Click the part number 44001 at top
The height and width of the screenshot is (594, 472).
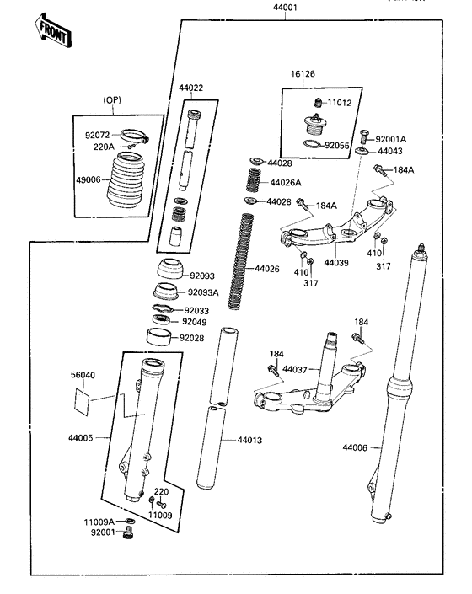(x=285, y=8)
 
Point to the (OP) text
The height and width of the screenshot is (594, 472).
(x=113, y=100)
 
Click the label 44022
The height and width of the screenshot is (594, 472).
(x=190, y=88)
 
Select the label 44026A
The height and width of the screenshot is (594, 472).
(x=285, y=182)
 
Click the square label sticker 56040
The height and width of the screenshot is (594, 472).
(x=81, y=397)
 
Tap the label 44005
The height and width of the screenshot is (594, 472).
(x=83, y=438)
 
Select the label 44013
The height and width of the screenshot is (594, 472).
(x=250, y=440)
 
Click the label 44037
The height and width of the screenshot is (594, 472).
(x=296, y=369)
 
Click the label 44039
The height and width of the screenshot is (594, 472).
(x=336, y=263)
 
